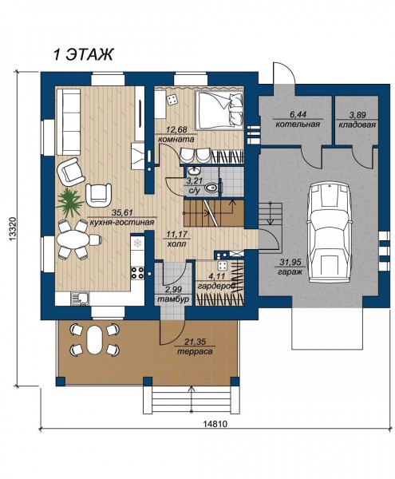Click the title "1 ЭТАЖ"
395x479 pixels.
[83, 54]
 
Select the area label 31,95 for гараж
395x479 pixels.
[290, 262]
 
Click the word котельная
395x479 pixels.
[298, 125]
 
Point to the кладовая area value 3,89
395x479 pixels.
[357, 115]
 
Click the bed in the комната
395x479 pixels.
[219, 109]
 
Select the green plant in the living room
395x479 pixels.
[69, 202]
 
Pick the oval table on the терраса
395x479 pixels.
[95, 339]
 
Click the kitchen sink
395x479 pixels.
[80, 299]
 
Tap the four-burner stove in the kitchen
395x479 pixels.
[138, 273]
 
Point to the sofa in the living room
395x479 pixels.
[68, 121]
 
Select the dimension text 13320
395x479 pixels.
[13, 230]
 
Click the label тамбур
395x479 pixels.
[173, 299]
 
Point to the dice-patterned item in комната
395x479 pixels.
[172, 100]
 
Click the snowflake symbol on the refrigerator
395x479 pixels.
[138, 243]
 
